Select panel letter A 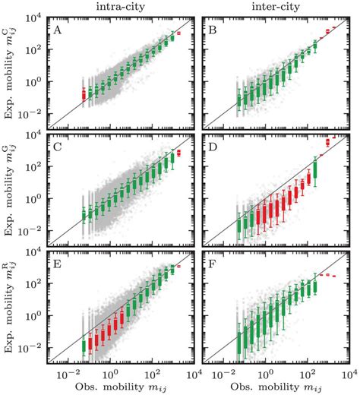(58, 30)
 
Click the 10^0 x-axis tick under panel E (110, 375)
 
